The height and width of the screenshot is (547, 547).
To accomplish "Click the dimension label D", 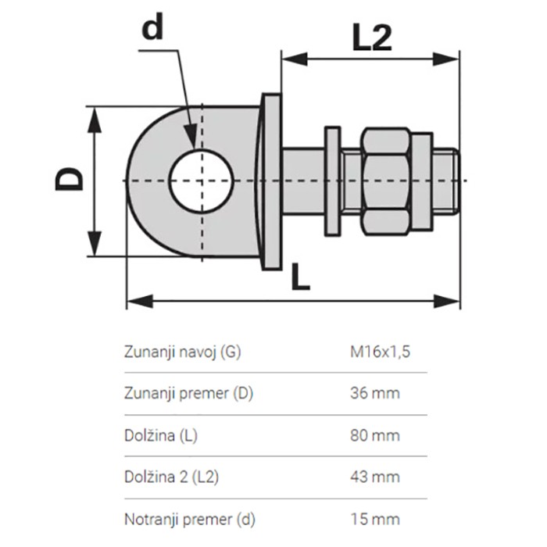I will click(70, 179).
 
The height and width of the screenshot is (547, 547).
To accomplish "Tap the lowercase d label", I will click(153, 28).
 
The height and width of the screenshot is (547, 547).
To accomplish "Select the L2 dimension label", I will click(370, 36).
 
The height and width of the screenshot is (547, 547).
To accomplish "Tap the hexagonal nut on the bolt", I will click(384, 181).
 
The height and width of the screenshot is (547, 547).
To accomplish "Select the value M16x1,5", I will click(380, 351).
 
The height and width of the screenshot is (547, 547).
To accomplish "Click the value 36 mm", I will click(374, 393).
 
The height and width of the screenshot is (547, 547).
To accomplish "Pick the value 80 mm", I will click(374, 435).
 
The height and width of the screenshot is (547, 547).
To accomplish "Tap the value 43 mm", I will click(374, 477).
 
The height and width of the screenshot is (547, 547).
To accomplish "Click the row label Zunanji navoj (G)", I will click(182, 351).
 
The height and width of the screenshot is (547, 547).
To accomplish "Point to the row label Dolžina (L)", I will click(161, 435).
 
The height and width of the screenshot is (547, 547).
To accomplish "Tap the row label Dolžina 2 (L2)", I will click(171, 477).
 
